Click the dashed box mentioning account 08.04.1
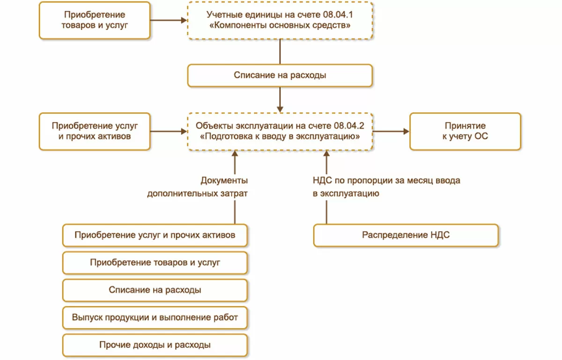pos(280,20)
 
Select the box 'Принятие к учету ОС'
pos(465,131)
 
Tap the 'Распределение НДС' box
pos(406,235)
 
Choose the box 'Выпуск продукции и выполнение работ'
pos(155,317)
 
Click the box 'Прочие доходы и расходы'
pos(155,345)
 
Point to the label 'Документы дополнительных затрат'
pos(197,187)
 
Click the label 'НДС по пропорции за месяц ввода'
pos(386,180)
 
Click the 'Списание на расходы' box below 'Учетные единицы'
pos(280,75)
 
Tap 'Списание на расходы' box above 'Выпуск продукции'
pos(155,290)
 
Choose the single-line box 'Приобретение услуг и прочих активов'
pos(155,235)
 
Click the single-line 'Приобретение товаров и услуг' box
pos(155,263)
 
